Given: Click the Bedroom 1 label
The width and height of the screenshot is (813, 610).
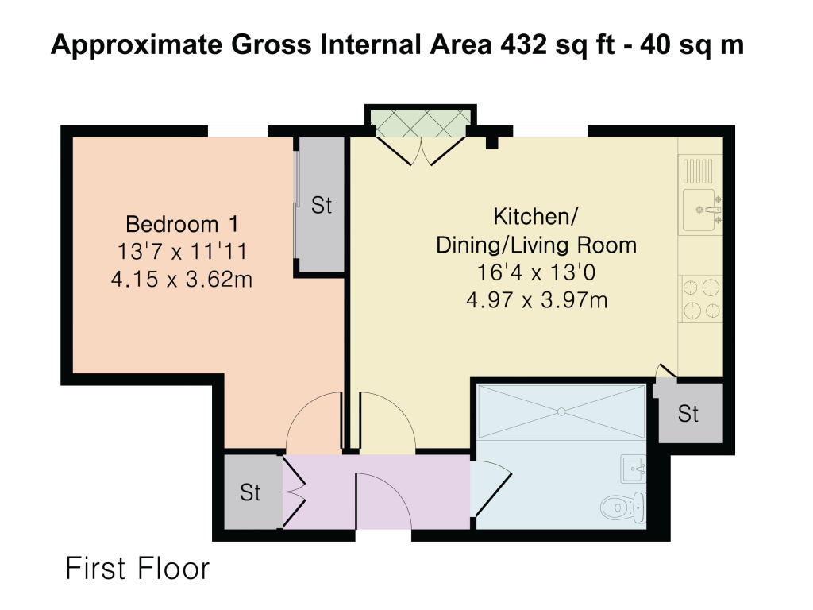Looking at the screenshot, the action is click(182, 224).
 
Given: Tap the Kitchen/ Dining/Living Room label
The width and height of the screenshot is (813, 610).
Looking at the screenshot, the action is click(536, 231).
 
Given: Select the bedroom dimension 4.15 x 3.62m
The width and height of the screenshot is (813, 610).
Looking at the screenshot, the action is click(182, 280).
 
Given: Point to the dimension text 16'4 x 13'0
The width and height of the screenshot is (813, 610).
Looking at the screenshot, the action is click(536, 272).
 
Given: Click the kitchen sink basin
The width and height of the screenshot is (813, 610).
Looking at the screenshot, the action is click(701, 210).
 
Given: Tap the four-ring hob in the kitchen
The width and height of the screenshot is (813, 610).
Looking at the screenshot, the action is click(701, 299).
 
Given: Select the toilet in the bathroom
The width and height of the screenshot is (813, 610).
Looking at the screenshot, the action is click(624, 508).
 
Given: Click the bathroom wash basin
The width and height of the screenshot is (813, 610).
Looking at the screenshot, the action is click(634, 469).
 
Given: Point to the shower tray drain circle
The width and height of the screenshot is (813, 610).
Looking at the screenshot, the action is click(561, 412).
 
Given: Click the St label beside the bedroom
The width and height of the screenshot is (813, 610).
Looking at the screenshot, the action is click(322, 206).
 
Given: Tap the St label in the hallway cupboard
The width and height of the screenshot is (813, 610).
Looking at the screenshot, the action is click(250, 492).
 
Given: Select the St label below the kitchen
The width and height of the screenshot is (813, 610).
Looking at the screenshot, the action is click(688, 414).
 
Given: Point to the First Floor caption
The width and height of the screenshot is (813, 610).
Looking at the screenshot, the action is click(137, 569).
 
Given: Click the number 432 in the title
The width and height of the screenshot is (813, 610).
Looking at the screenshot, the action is click(523, 44).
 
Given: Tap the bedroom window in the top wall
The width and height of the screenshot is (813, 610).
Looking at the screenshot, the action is click(238, 131).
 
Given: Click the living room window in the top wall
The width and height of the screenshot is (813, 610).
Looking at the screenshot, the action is click(551, 131).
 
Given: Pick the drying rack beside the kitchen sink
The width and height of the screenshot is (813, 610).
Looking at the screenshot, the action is click(698, 172).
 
